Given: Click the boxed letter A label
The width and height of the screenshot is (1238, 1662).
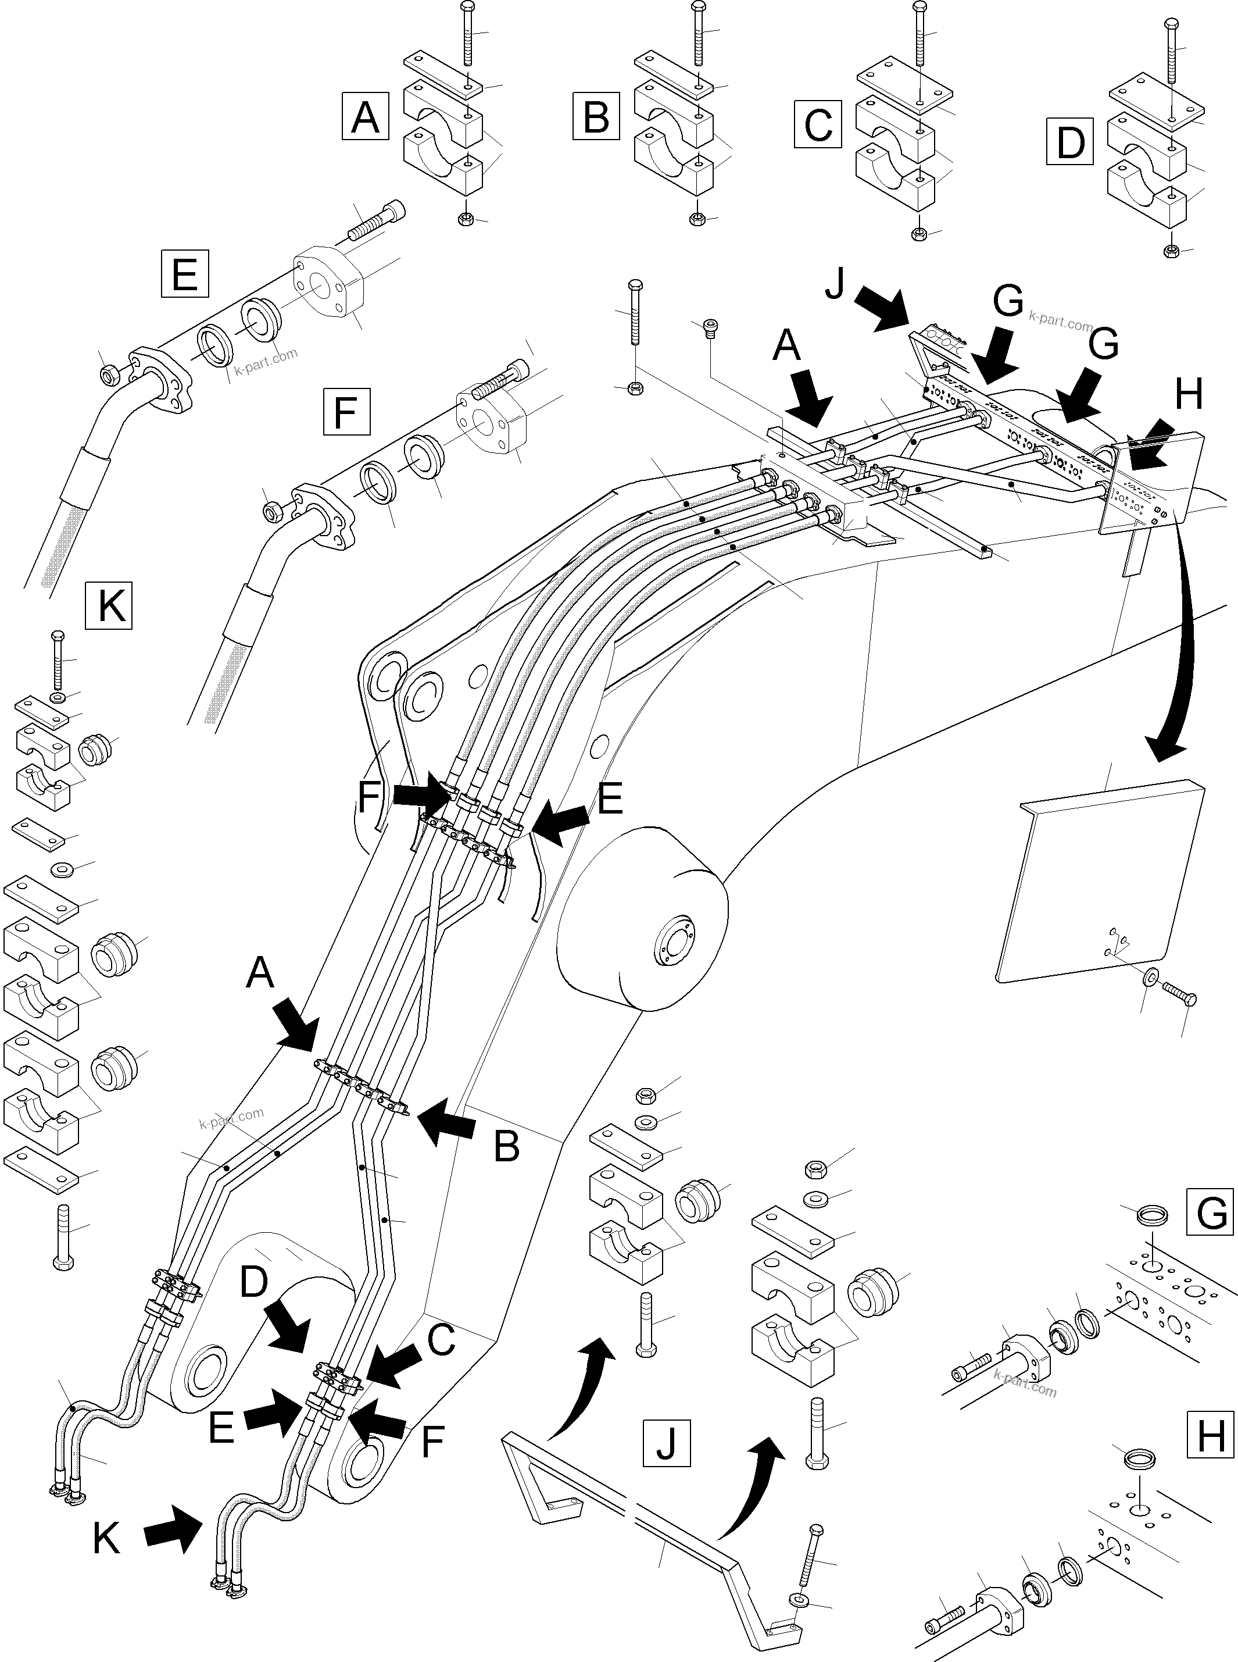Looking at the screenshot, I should (x=365, y=116).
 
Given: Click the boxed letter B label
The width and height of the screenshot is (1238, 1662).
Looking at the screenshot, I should (x=596, y=116).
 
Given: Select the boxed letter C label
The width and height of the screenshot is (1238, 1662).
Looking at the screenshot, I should (x=818, y=124).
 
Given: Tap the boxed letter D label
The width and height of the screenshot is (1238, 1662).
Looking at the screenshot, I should (x=1069, y=142).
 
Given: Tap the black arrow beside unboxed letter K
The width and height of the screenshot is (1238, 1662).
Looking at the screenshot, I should (x=173, y=1534).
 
